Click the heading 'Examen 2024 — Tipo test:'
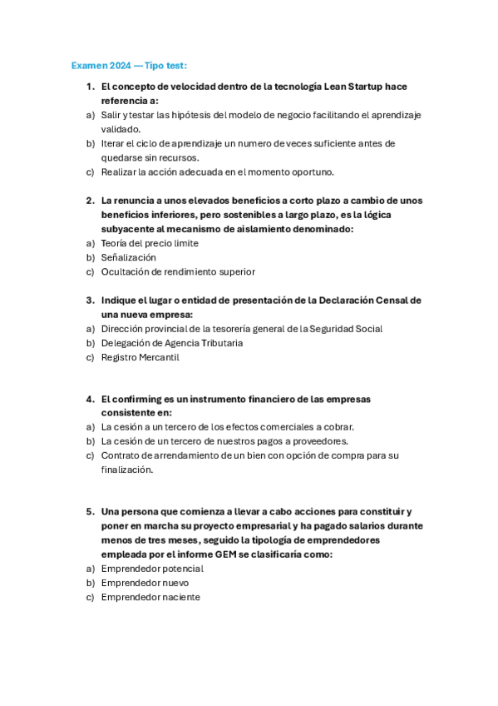pyautogui.click(x=129, y=65)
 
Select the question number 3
pyautogui.click(x=90, y=300)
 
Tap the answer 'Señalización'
pyautogui.click(x=128, y=257)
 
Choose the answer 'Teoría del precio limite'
pyautogui.click(x=150, y=243)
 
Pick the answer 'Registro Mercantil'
pyautogui.click(x=140, y=357)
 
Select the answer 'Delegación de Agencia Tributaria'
pyautogui.click(x=172, y=343)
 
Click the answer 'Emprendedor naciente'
pyautogui.click(x=150, y=597)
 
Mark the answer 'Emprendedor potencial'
pyautogui.click(x=152, y=569)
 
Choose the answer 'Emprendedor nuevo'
pyautogui.click(x=145, y=583)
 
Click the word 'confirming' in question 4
pyautogui.click(x=138, y=398)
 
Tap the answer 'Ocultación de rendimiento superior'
pyautogui.click(x=178, y=271)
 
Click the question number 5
pyautogui.click(x=90, y=511)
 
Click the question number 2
pyautogui.click(x=90, y=200)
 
